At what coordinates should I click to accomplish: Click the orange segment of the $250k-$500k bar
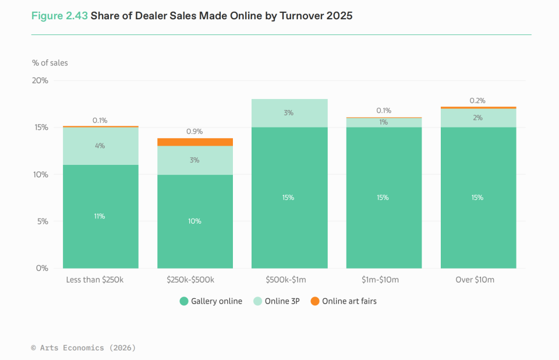pos(195,142)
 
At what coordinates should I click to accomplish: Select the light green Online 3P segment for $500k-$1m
pos(289,113)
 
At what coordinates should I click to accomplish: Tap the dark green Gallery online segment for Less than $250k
pos(101,217)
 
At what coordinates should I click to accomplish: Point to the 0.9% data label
pos(194,132)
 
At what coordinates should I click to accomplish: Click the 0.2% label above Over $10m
pos(477,101)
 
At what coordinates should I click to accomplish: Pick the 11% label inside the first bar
pos(100,216)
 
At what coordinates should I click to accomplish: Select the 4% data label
pos(100,146)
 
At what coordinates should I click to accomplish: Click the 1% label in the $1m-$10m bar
pos(383,122)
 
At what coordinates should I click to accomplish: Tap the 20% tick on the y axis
pos(40,80)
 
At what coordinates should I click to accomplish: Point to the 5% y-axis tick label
pos(43,221)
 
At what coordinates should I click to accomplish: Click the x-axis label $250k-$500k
pos(190,280)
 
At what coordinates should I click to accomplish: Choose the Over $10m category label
pos(475,280)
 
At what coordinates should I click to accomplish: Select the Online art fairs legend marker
pos(315,301)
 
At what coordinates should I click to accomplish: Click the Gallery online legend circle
pos(184,301)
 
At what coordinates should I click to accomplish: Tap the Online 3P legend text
pos(282,301)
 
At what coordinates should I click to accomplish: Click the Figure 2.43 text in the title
pos(59,16)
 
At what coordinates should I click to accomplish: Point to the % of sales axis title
pos(50,63)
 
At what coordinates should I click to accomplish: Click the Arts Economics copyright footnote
pos(83,348)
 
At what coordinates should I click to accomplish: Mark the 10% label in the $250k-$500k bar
pos(194,221)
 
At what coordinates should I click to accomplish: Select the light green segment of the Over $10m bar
pos(479,118)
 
